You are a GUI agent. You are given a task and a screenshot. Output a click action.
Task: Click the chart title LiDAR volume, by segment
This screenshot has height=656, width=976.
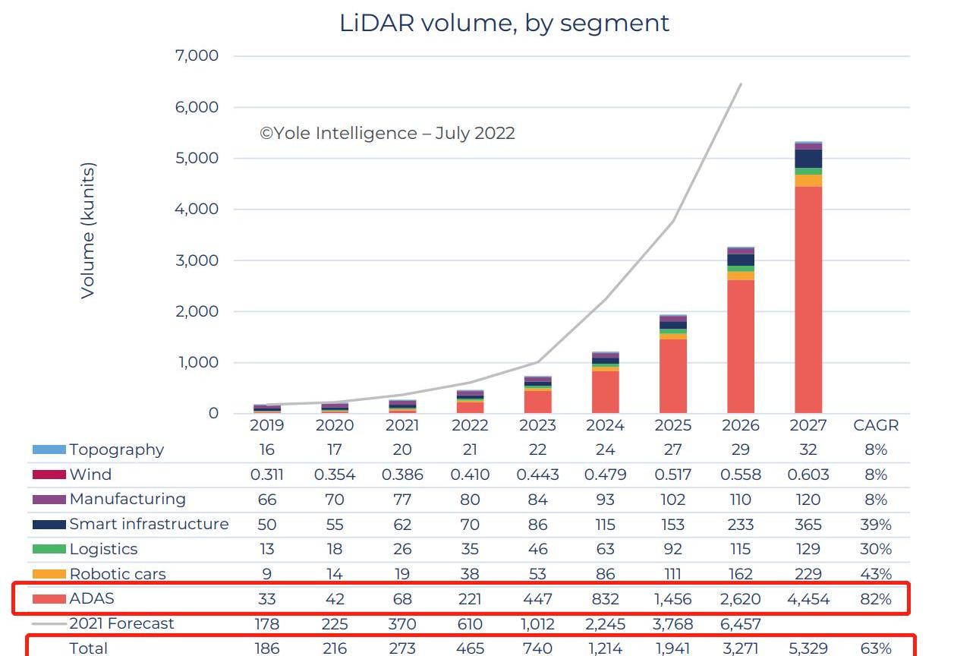(504, 23)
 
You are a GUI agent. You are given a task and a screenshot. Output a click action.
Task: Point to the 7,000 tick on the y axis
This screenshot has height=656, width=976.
(197, 56)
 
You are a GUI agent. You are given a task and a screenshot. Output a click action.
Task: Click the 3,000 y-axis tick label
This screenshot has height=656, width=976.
(197, 260)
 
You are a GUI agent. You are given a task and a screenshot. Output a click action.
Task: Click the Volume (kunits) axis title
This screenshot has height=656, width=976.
(88, 230)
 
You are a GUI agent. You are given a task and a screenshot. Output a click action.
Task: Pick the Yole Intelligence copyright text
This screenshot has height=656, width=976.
(387, 134)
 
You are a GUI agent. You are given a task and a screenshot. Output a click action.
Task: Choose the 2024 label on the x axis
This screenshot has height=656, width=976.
(605, 426)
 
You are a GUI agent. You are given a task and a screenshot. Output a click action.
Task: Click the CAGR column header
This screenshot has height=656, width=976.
(875, 426)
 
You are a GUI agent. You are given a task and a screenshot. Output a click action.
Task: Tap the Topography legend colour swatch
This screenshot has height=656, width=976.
(49, 449)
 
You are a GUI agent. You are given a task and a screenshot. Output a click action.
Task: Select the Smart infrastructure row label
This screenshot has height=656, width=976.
(149, 524)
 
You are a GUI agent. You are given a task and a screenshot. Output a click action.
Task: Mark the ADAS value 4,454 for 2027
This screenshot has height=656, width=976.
(808, 599)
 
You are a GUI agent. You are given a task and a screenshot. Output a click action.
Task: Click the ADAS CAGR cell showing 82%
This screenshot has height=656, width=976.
(875, 599)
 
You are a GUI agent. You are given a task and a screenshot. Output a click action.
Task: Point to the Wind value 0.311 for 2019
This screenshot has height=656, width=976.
(266, 475)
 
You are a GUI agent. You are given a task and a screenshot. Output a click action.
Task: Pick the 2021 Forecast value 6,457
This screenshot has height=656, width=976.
(740, 623)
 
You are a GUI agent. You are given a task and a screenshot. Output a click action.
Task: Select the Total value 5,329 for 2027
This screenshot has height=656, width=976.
(808, 648)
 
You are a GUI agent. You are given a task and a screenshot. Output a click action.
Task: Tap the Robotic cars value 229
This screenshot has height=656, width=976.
(808, 574)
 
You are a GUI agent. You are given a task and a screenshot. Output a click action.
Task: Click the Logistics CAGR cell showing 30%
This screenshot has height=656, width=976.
(875, 549)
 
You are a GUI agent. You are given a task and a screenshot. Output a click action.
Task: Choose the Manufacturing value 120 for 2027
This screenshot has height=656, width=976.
(808, 500)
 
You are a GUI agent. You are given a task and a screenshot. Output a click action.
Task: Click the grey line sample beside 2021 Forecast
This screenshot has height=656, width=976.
(49, 623)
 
